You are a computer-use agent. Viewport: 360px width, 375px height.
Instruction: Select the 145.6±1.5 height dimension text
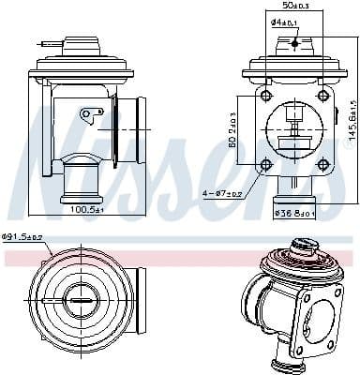(x=353, y=118)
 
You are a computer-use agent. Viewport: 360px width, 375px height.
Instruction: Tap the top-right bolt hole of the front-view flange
(x=323, y=97)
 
